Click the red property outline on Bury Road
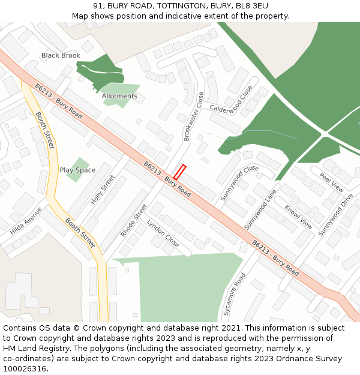179,172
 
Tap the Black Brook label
61,56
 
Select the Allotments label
119,96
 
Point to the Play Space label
77,170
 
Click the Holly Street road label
103,190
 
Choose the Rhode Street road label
134,220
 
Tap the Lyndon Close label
163,233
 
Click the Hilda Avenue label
26,221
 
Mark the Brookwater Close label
194,116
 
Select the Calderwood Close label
231,100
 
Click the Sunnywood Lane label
260,209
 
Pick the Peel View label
332,182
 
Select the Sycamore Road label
235,294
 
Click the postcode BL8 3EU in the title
251,6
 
